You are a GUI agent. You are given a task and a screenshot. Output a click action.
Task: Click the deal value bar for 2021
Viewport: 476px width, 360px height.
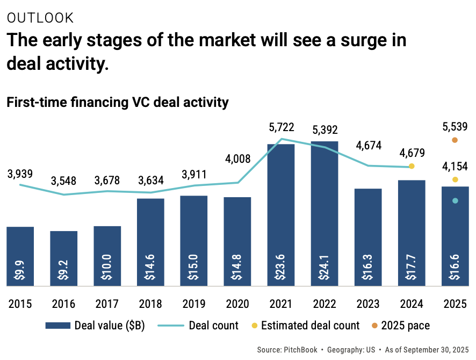pyautogui.click(x=280, y=215)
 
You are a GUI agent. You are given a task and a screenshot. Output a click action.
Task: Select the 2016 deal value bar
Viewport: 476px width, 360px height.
pyautogui.click(x=63, y=258)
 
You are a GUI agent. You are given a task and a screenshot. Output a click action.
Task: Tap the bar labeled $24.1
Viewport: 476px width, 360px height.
pyautogui.click(x=324, y=215)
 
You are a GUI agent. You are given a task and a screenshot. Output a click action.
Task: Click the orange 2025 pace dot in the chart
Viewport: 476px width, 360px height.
pyautogui.click(x=455, y=140)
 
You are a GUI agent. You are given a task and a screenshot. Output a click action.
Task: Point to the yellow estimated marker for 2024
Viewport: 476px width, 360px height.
pyautogui.click(x=412, y=166)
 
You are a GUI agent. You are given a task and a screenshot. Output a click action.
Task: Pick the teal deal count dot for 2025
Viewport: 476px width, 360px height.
pyautogui.click(x=455, y=201)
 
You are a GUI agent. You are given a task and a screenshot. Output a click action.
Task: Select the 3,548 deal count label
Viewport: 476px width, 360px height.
pyautogui.click(x=63, y=181)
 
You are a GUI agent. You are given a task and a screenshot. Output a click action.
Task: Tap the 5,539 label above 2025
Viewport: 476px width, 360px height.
pyautogui.click(x=455, y=127)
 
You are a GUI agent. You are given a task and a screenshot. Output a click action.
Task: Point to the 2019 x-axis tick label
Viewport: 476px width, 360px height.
pyautogui.click(x=193, y=304)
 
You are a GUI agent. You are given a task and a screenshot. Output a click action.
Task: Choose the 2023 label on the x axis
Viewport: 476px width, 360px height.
pyautogui.click(x=367, y=304)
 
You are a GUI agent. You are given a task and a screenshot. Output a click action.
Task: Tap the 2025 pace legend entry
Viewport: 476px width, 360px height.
pyautogui.click(x=405, y=325)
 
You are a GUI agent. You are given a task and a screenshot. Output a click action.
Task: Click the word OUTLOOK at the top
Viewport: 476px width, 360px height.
pyautogui.click(x=40, y=18)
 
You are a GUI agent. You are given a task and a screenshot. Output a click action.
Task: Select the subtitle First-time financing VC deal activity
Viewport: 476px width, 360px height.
pyautogui.click(x=117, y=102)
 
